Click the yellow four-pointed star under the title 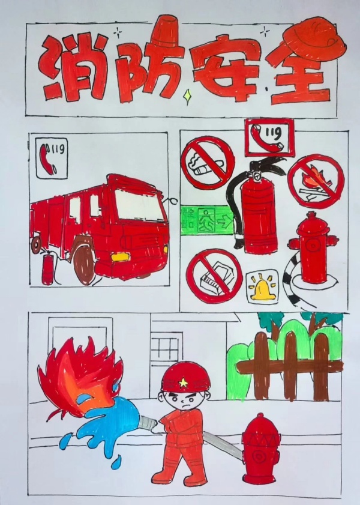tap(187, 96)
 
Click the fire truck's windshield tap(139, 205)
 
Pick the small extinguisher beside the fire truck tap(47, 268)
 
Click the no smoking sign tap(207, 163)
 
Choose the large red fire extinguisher tap(257, 210)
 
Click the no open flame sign tap(316, 182)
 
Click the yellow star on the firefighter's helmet tap(183, 383)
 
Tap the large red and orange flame tap(80, 377)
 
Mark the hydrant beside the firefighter tap(260, 449)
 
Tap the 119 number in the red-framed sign tap(274, 132)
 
